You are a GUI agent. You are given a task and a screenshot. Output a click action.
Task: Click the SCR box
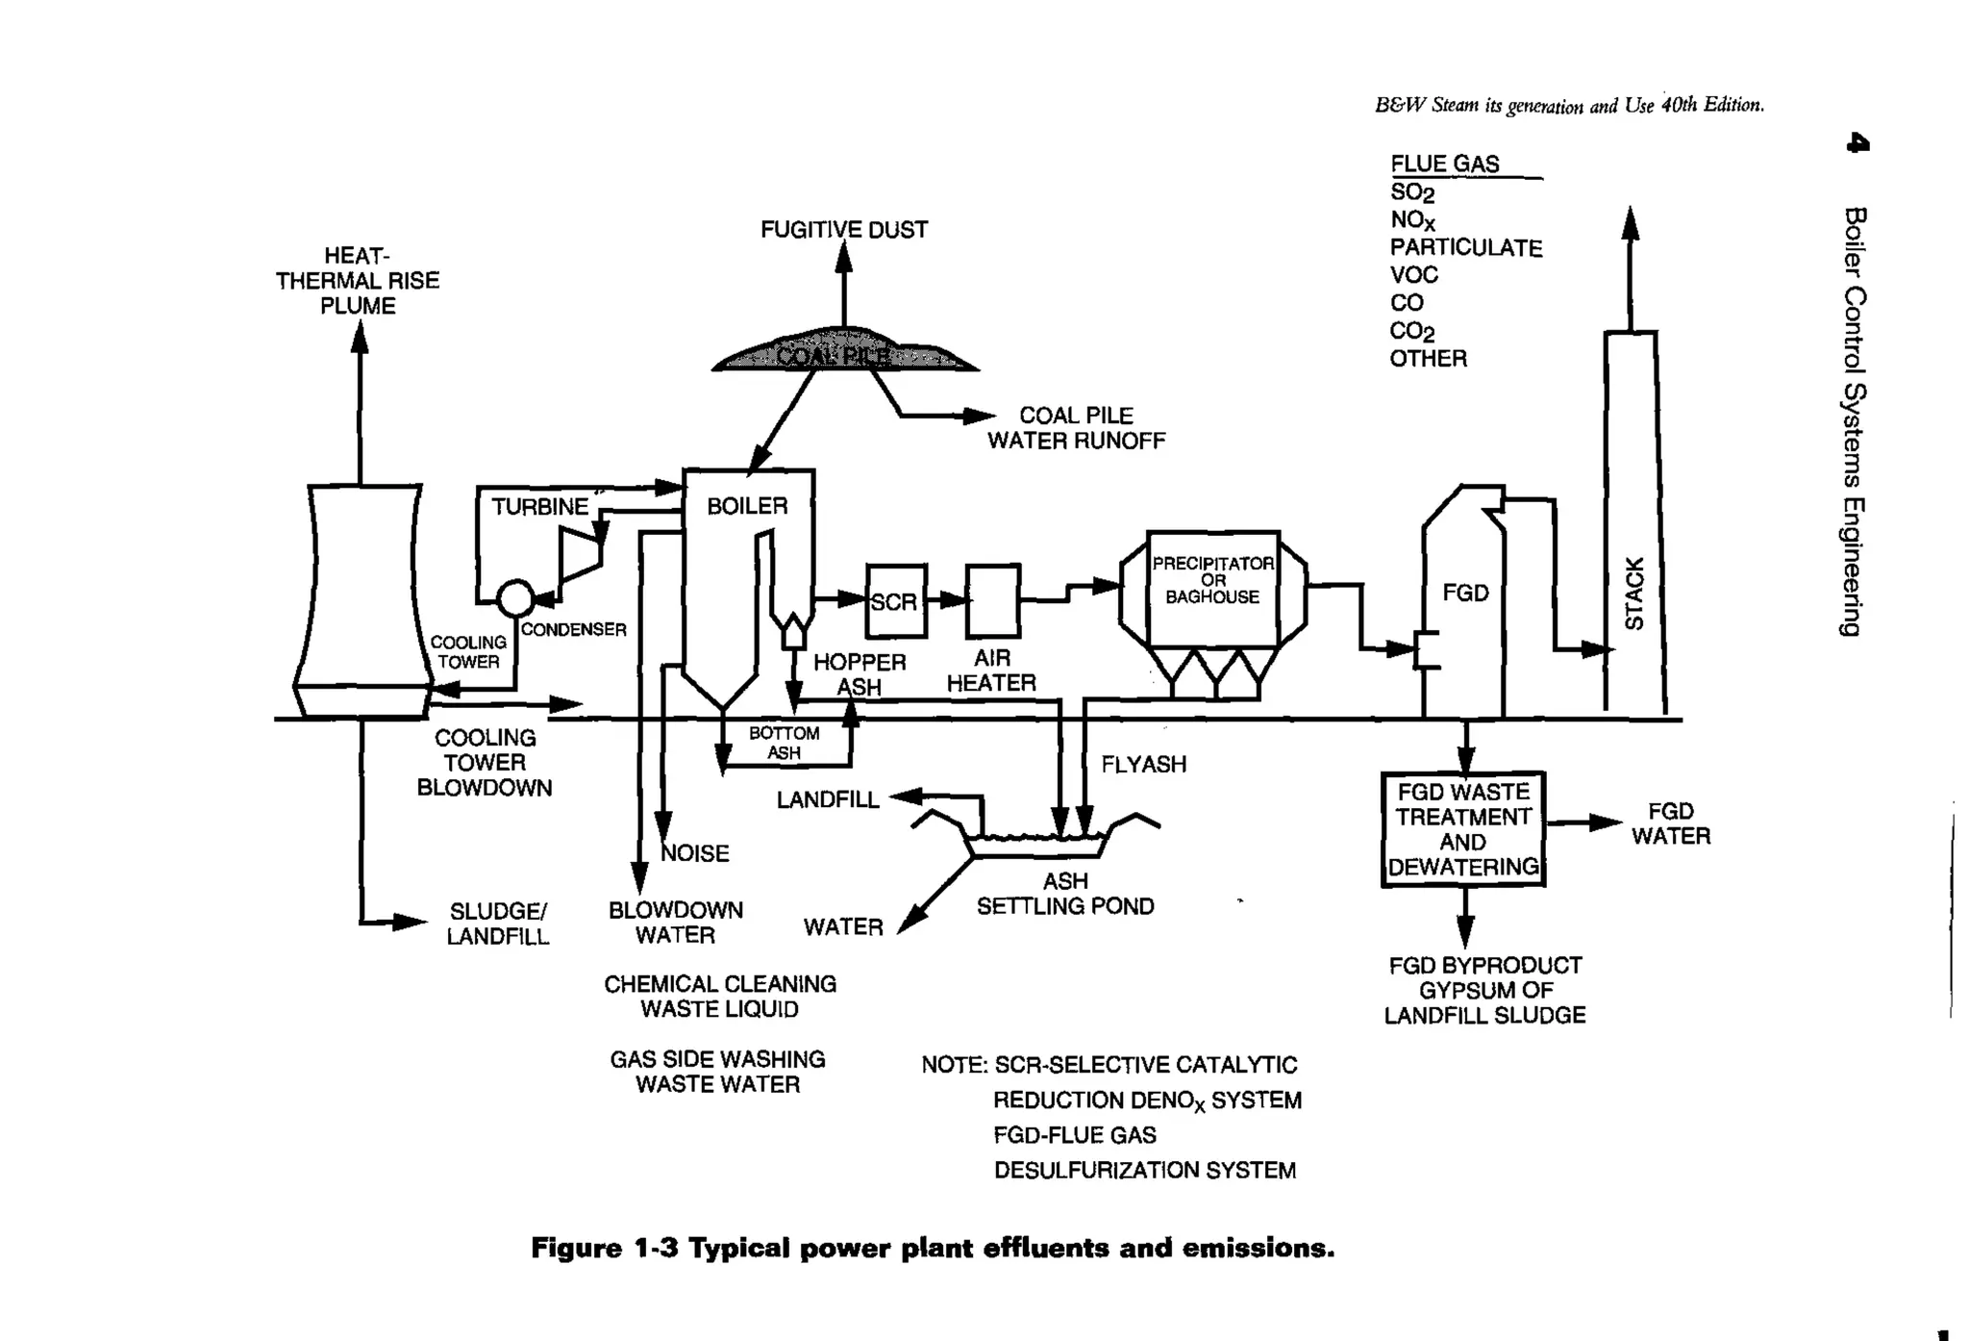click(895, 601)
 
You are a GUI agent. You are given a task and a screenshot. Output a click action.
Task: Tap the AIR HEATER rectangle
click(992, 601)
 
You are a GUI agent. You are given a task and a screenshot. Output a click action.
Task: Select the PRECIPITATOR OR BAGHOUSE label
click(1212, 580)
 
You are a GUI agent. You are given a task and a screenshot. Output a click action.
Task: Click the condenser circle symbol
click(516, 597)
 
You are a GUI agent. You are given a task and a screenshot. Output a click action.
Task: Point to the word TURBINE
click(539, 507)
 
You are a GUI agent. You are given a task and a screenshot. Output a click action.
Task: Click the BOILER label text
click(747, 506)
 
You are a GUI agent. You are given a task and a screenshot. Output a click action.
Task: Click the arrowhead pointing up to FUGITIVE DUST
click(843, 257)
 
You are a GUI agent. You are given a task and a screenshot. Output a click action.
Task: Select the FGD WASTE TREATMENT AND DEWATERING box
click(1462, 829)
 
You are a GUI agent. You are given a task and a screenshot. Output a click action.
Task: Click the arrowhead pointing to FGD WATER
click(1606, 822)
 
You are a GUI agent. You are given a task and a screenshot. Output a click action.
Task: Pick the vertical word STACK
click(1633, 594)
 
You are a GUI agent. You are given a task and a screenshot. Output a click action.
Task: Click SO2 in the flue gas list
click(1411, 192)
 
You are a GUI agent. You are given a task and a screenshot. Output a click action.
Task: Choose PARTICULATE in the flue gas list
click(1465, 248)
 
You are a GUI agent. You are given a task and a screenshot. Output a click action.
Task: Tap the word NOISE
click(695, 853)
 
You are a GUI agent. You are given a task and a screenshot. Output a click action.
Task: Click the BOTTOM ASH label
click(784, 743)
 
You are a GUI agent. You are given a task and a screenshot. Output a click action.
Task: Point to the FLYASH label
click(1143, 765)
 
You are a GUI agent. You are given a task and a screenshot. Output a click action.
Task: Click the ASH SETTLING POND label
click(1065, 894)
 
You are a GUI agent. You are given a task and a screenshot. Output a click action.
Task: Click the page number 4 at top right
click(1857, 144)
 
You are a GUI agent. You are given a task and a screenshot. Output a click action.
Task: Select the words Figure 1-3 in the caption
click(604, 1249)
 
